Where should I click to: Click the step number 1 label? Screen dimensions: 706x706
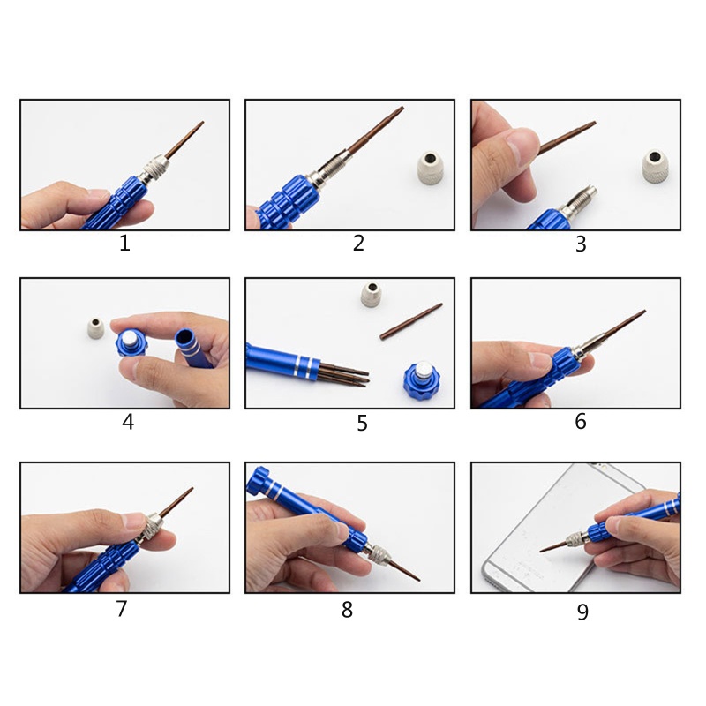pyautogui.click(x=124, y=244)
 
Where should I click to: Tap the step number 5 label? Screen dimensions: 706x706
pyautogui.click(x=362, y=424)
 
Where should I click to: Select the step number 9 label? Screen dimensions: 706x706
pyautogui.click(x=582, y=612)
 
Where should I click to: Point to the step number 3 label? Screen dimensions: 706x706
pyautogui.click(x=581, y=244)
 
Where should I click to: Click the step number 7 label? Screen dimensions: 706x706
pyautogui.click(x=122, y=608)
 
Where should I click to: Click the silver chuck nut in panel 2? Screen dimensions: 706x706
pyautogui.click(x=431, y=168)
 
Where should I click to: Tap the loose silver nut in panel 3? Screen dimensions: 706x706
pyautogui.click(x=655, y=166)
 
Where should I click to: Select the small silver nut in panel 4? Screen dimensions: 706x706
pyautogui.click(x=95, y=328)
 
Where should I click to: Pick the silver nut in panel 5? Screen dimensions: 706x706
pyautogui.click(x=372, y=295)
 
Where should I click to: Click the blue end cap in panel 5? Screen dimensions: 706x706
pyautogui.click(x=422, y=377)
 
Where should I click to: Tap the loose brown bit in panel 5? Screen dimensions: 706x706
pyautogui.click(x=410, y=321)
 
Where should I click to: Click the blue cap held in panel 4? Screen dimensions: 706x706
pyautogui.click(x=131, y=343)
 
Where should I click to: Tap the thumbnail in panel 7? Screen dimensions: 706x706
pyautogui.click(x=134, y=521)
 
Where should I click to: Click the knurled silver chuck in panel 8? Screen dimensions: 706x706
pyautogui.click(x=378, y=552)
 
